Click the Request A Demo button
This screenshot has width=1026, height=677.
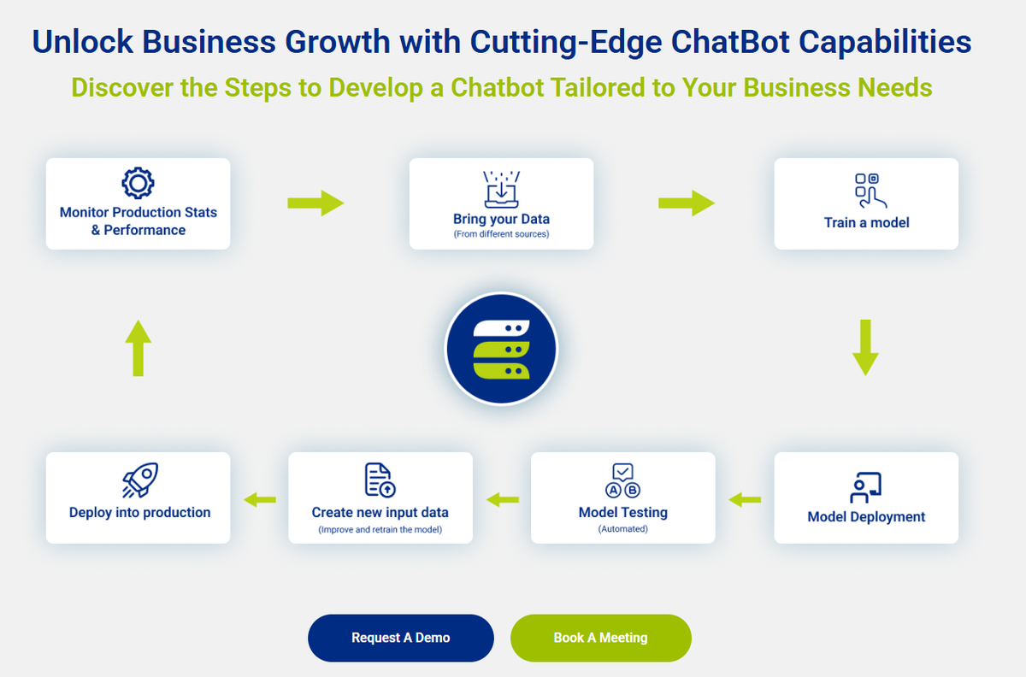point(400,638)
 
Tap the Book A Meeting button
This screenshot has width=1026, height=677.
point(600,638)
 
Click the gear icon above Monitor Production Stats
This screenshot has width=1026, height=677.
point(138,183)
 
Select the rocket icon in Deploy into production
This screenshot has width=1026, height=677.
point(140,480)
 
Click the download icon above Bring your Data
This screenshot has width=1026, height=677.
point(501,189)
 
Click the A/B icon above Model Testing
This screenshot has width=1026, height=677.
point(622,480)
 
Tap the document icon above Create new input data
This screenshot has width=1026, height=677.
point(380,480)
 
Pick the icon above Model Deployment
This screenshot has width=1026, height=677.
point(865,486)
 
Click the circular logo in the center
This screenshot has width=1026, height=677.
point(501,349)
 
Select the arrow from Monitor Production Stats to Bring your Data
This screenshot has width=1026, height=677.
point(315,203)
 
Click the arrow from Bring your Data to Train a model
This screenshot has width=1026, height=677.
point(687,203)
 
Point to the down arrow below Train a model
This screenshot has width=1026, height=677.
point(865,347)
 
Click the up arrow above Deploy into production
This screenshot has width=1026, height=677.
point(138,347)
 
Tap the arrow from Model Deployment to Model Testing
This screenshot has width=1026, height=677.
point(745,499)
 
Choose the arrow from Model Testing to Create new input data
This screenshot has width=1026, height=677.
point(502,499)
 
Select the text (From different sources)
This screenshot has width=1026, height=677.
point(501,234)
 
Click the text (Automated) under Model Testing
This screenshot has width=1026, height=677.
point(622,529)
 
